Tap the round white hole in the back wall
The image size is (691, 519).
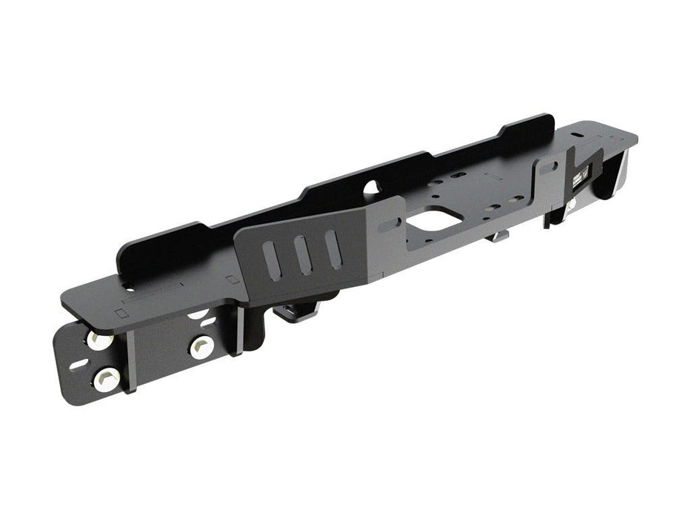tap(372, 188)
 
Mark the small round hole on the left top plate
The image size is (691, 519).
tap(131, 288)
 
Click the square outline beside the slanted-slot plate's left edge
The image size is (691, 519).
tap(232, 280)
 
